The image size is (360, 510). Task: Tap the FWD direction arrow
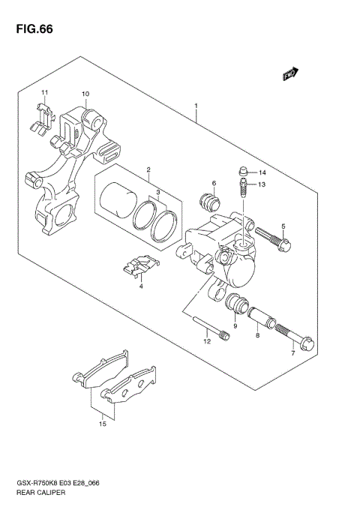(291, 74)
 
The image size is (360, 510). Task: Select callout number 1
(196, 106)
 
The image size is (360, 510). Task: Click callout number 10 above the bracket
(85, 94)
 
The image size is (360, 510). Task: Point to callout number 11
(44, 92)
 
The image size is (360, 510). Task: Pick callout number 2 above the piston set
(148, 170)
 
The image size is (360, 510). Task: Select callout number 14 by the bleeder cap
(262, 172)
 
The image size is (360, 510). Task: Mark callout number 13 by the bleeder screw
(262, 184)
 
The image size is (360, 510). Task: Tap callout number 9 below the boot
(235, 326)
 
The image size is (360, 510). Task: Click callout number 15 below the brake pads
(103, 424)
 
